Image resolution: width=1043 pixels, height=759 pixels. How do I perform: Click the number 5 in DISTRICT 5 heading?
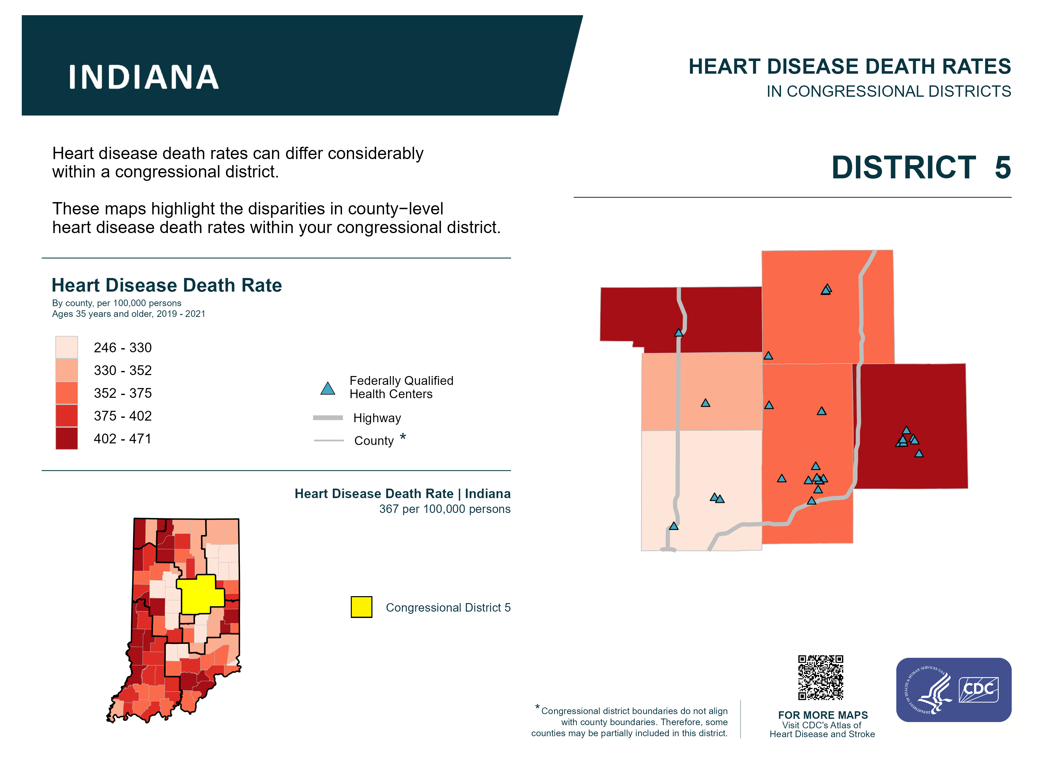point(1003,168)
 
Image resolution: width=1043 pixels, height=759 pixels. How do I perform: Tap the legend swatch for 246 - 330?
point(67,347)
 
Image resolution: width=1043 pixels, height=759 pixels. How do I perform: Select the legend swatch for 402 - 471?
point(67,438)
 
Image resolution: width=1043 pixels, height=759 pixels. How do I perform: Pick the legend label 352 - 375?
point(122,393)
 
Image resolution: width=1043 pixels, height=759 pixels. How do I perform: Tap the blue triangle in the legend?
point(327,389)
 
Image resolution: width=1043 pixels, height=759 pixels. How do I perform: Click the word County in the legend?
point(374,441)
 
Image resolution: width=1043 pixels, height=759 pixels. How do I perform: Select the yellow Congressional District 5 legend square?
point(362,607)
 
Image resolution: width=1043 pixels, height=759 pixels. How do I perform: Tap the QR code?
point(821,677)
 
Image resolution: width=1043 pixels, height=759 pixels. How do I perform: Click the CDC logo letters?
point(979,689)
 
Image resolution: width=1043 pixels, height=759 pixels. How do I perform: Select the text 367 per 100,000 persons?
point(445,509)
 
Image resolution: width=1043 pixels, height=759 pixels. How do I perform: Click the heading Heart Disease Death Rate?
point(167,285)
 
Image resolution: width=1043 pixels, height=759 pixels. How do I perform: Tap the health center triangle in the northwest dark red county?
point(679,333)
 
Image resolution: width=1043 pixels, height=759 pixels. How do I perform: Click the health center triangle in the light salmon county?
point(705,403)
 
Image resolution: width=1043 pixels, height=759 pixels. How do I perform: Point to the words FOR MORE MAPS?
point(823,715)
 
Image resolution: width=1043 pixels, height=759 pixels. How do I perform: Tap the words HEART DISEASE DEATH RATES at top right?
point(849,67)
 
